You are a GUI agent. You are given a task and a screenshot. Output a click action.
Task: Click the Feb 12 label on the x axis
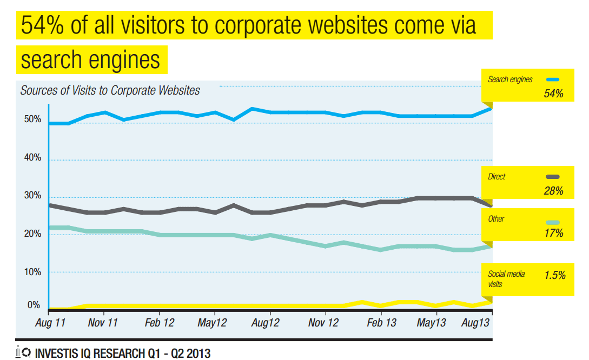tap(160, 323)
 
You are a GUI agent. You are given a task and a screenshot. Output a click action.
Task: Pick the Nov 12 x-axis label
tap(323, 323)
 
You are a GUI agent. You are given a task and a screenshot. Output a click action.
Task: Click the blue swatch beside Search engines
tap(553, 79)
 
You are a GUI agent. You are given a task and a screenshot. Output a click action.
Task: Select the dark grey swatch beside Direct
tap(553, 177)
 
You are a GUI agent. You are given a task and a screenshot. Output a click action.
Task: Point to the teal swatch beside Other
tap(553, 222)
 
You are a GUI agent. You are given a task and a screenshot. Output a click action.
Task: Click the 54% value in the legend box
tap(553, 94)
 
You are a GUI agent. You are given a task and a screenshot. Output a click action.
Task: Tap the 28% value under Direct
tap(553, 191)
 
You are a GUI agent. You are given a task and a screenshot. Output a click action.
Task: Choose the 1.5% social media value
tap(554, 275)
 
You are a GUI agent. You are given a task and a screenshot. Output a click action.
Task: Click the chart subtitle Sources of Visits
tap(110, 90)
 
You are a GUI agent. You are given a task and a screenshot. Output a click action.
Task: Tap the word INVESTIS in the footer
tap(59, 354)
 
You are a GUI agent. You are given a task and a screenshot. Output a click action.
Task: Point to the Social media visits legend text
tap(506, 279)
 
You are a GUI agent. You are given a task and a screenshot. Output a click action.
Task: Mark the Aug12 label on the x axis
tap(265, 323)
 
